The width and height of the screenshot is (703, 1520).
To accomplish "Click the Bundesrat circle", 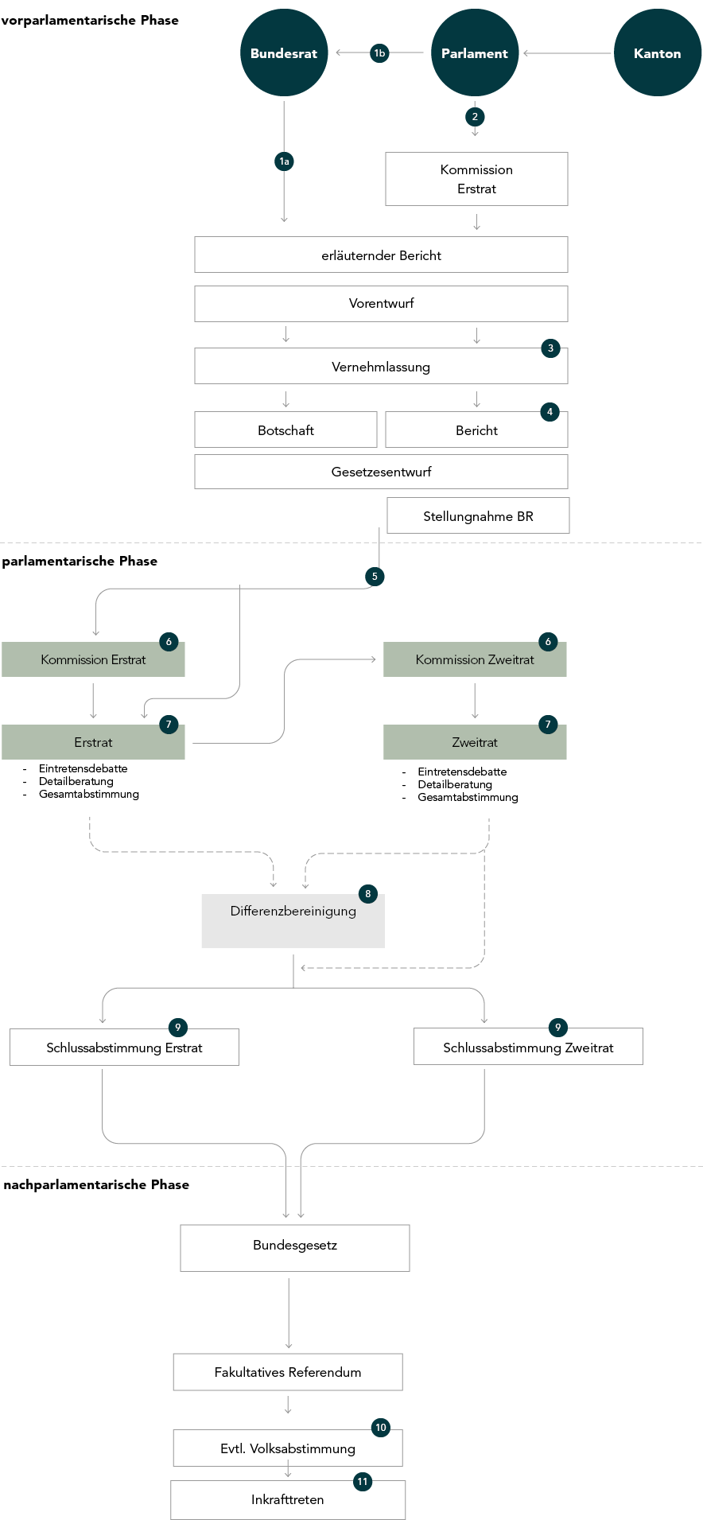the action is click(x=284, y=53).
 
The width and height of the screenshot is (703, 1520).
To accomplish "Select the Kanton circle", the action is click(x=658, y=53).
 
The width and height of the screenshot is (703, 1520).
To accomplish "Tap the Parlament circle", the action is click(x=475, y=53).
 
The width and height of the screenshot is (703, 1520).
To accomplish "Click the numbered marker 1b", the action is click(x=379, y=53).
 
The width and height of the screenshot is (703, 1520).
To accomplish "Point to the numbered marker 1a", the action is click(x=284, y=161).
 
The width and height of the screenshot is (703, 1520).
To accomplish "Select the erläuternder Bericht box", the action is click(x=381, y=255).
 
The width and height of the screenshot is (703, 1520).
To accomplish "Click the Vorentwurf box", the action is click(x=381, y=304).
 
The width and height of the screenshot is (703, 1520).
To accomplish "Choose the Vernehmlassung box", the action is click(x=381, y=366).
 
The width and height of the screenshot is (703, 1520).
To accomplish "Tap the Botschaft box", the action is click(x=285, y=430).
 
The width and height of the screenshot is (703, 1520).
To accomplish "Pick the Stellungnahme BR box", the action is click(x=478, y=515).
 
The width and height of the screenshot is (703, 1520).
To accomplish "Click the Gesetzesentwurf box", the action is click(x=381, y=472).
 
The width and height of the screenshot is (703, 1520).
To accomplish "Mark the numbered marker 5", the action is click(x=375, y=577).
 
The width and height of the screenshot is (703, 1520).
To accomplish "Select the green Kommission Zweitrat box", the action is click(x=475, y=659).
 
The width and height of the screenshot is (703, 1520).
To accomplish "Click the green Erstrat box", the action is click(x=93, y=742).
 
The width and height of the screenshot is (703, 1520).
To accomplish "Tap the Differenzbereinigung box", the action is click(x=293, y=921).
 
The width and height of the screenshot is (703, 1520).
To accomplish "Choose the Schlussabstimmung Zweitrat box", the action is click(x=528, y=1047).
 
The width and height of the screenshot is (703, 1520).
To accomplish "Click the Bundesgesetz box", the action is click(x=295, y=1248).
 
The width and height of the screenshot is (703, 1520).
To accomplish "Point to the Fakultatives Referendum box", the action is click(x=288, y=1372).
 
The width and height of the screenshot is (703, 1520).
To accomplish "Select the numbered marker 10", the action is click(x=381, y=1428).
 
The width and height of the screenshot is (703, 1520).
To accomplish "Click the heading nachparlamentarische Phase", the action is click(x=96, y=1184).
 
